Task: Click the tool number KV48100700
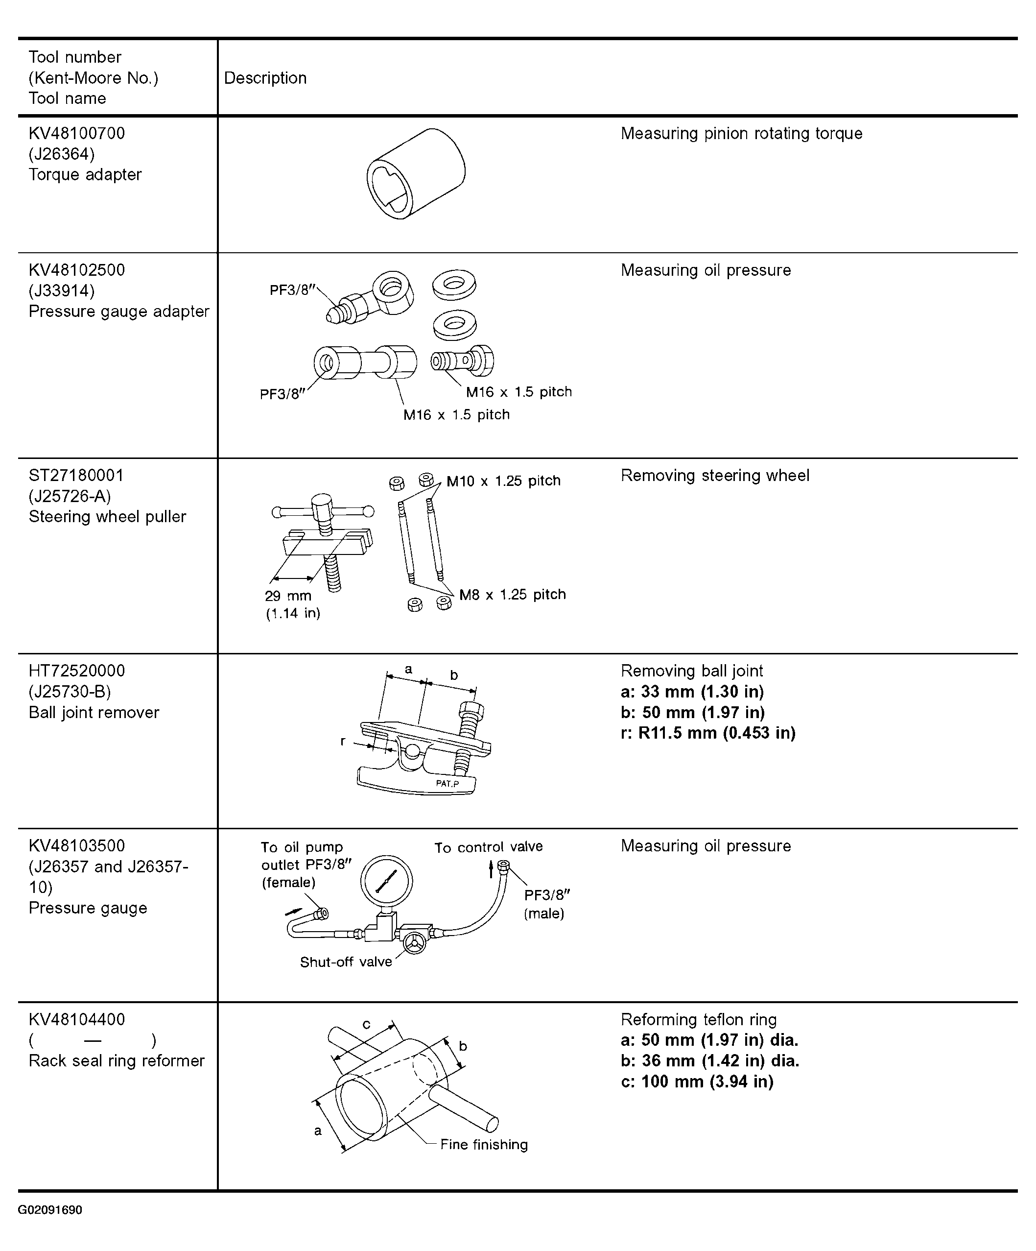[x=77, y=133]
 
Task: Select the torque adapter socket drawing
[x=416, y=173]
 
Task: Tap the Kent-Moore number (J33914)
[x=61, y=291]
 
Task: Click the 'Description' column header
[x=265, y=78]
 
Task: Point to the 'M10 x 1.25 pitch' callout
[x=503, y=481]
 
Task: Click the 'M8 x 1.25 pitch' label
[x=512, y=595]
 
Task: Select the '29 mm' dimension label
[x=287, y=596]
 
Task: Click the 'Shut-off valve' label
[x=346, y=962]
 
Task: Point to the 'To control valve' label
[x=488, y=847]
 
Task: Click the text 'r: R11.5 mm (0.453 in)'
[x=708, y=733]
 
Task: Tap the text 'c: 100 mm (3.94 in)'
[x=697, y=1081]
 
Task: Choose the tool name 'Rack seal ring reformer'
[x=117, y=1061]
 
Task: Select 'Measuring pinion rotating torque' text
[x=741, y=133]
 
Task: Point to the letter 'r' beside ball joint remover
[x=343, y=741]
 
